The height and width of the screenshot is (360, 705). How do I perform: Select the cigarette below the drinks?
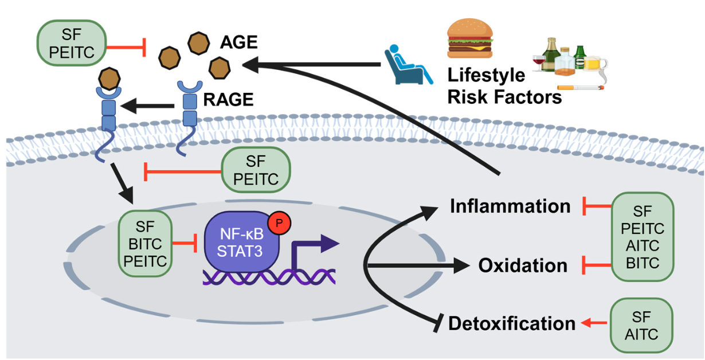[581, 88]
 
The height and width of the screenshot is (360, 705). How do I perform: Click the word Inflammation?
[510, 206]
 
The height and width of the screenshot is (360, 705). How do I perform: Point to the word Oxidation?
[523, 265]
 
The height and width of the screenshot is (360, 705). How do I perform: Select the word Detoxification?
[511, 323]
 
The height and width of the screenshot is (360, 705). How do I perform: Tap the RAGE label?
[228, 100]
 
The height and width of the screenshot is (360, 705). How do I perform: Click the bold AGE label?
[238, 43]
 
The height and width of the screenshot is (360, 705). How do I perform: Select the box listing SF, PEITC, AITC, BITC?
[641, 237]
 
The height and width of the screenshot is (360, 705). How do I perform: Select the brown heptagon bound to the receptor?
[109, 77]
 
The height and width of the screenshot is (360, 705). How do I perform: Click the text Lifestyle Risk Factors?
[504, 86]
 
